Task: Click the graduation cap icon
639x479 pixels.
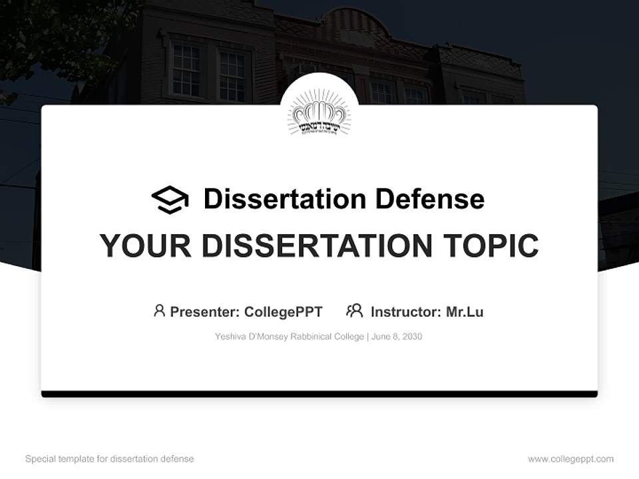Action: pos(170,200)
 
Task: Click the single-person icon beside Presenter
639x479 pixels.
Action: pos(159,311)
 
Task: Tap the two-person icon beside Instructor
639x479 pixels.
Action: pos(355,311)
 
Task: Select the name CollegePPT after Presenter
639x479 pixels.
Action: pos(284,311)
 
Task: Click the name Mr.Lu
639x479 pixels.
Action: pos(465,311)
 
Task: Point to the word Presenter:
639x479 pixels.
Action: pos(205,311)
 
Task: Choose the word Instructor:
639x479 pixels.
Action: pos(405,311)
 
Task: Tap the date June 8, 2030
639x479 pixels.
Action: pos(397,337)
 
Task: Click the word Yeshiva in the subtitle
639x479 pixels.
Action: pos(229,337)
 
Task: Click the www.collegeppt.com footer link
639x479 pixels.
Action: pos(570,459)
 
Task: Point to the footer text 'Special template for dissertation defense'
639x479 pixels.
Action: pos(109,459)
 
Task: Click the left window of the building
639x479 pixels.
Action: pos(186,69)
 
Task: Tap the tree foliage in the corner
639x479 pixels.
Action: pos(40,33)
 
